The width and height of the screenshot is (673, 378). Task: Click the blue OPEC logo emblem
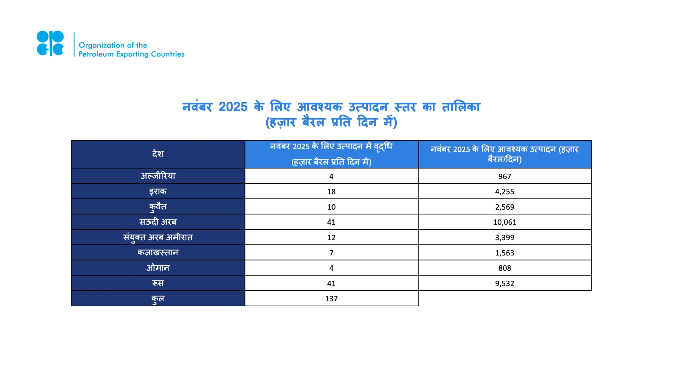(x=50, y=43)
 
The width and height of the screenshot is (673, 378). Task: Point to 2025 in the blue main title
(x=233, y=107)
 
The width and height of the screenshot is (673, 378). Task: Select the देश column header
(x=158, y=154)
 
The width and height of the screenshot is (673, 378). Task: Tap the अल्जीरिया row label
(x=158, y=176)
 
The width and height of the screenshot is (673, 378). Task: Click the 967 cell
(x=504, y=176)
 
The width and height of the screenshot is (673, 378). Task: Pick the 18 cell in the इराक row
(x=331, y=192)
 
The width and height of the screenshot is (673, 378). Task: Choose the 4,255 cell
(x=504, y=192)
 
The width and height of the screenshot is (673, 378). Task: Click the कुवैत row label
(x=158, y=207)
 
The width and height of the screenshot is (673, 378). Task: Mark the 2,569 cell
(x=504, y=207)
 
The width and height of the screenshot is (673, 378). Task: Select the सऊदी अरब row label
(x=158, y=222)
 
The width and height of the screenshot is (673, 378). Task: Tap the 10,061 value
(x=504, y=222)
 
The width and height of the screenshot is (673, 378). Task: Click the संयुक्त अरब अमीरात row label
(x=158, y=237)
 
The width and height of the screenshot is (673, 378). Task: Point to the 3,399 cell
(x=504, y=237)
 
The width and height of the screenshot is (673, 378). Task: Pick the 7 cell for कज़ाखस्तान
(x=331, y=253)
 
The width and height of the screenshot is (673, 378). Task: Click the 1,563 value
(x=504, y=253)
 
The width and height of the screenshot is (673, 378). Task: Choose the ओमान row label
(x=158, y=268)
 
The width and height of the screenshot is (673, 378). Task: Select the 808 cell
(x=504, y=268)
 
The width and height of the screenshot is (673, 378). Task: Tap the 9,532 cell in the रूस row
(x=504, y=283)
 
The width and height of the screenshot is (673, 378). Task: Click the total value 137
(x=331, y=299)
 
